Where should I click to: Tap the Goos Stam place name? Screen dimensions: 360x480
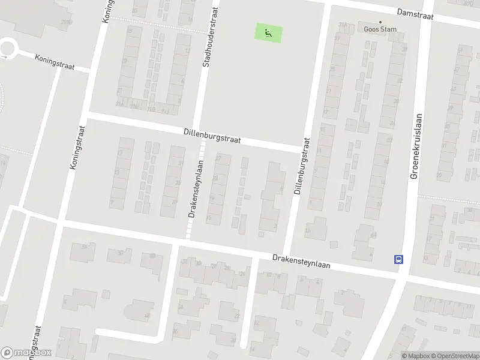[x=380, y=28]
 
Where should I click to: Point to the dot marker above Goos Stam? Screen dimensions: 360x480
[x=380, y=20]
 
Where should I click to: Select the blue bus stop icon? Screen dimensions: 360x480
[x=398, y=259]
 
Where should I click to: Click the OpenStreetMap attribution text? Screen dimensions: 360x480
[x=451, y=356]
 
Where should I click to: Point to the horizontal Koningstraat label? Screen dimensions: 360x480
[x=55, y=61]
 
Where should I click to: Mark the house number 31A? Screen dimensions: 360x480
[x=343, y=25]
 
